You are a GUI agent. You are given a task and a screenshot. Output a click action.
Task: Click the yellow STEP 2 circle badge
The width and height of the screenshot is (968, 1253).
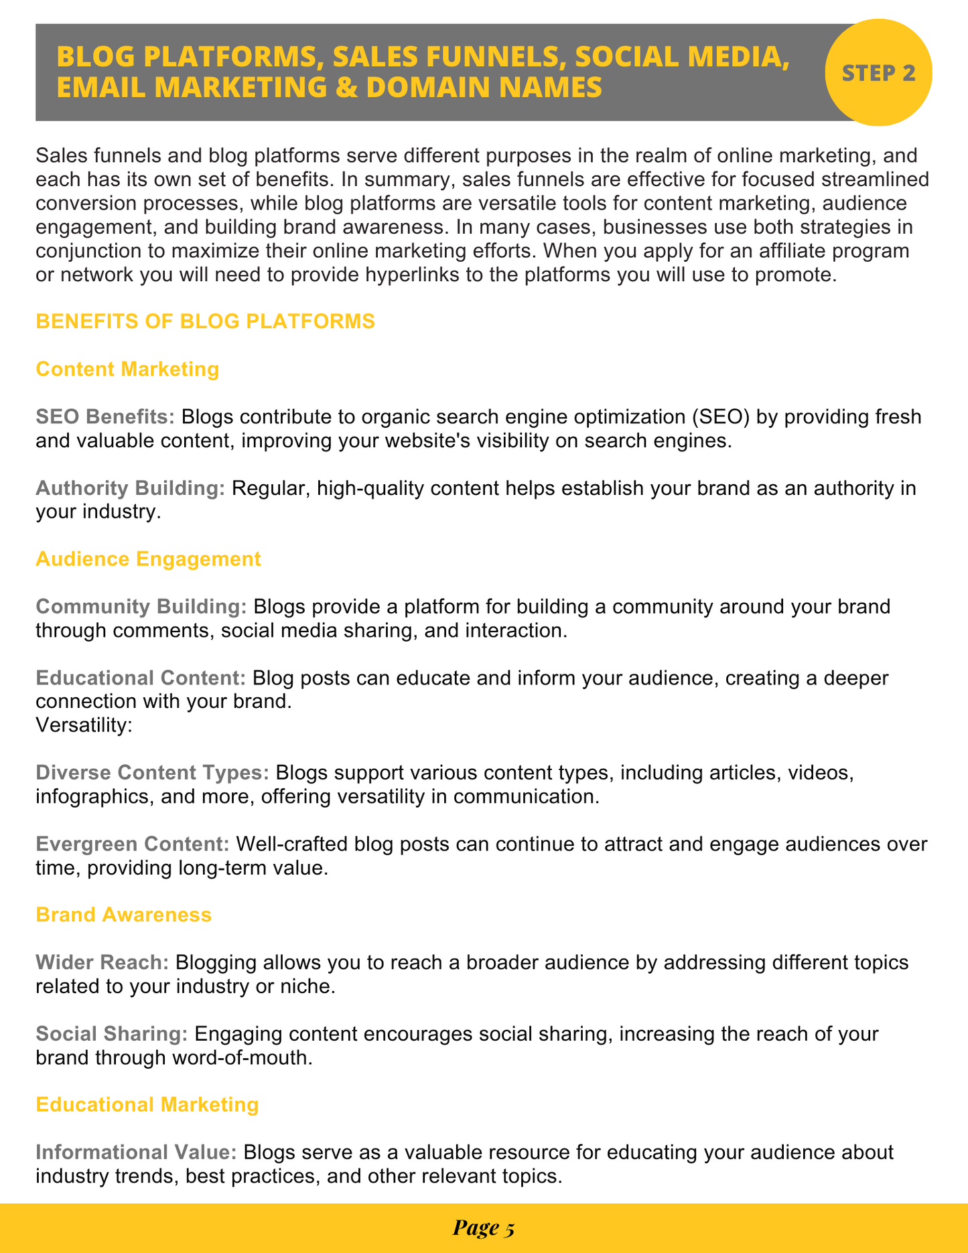(x=878, y=72)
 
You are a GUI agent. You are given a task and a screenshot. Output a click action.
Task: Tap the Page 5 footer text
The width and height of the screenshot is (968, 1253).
(x=483, y=1228)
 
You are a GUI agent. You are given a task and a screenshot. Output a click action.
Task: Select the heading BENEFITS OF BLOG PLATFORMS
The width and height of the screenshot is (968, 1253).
(x=205, y=321)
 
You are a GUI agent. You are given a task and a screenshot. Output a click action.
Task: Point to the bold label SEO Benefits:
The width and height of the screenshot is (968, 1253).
(x=105, y=417)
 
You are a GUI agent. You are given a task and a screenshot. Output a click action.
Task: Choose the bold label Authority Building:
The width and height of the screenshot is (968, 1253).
(x=131, y=488)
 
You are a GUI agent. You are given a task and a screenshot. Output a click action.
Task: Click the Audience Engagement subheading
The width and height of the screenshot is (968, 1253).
(x=148, y=559)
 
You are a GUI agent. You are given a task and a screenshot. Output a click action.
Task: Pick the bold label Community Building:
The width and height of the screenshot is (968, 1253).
(x=141, y=607)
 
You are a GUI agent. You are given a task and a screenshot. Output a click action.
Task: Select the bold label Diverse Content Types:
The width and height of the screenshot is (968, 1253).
(x=153, y=773)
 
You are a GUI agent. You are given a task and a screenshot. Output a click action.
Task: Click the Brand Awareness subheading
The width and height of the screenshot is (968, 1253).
(x=123, y=914)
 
